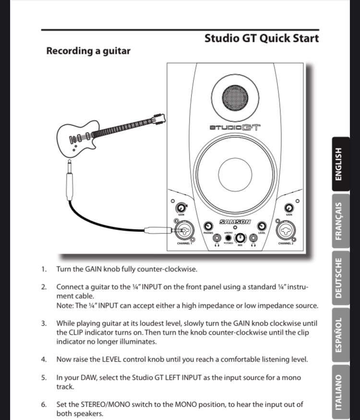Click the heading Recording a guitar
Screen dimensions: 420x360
pyautogui.click(x=88, y=50)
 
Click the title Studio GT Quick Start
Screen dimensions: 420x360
pyautogui.click(x=261, y=38)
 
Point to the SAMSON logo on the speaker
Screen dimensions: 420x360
pyautogui.click(x=235, y=222)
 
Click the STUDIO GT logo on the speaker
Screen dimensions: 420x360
pyautogui.click(x=235, y=128)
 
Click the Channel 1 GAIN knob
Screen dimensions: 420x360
pyautogui.click(x=180, y=208)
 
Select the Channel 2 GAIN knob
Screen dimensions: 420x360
pyautogui.click(x=289, y=208)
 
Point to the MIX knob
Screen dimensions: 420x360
pyautogui.click(x=240, y=237)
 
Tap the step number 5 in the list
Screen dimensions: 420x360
pyautogui.click(x=44, y=378)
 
